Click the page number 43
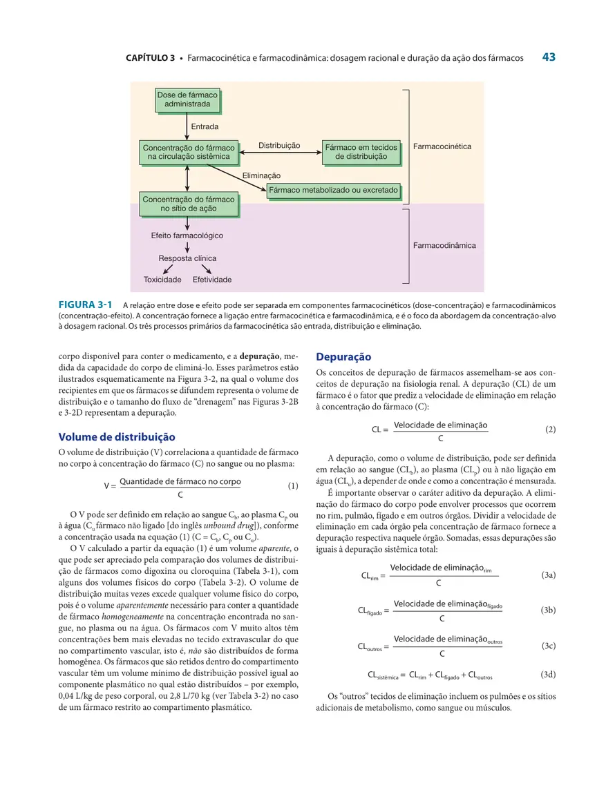click(549, 57)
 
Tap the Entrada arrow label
click(205, 127)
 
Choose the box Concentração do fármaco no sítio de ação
click(188, 204)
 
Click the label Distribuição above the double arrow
click(279, 146)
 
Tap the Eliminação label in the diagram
click(261, 176)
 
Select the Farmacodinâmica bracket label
click(444, 245)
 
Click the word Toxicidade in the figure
click(162, 280)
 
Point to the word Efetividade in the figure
click(212, 280)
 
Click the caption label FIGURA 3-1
click(86, 304)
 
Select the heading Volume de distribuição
click(117, 437)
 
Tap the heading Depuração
click(343, 357)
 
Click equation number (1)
click(292, 486)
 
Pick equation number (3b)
click(549, 610)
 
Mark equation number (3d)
click(549, 674)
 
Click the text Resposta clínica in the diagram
click(187, 258)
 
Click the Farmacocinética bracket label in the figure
click(442, 146)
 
